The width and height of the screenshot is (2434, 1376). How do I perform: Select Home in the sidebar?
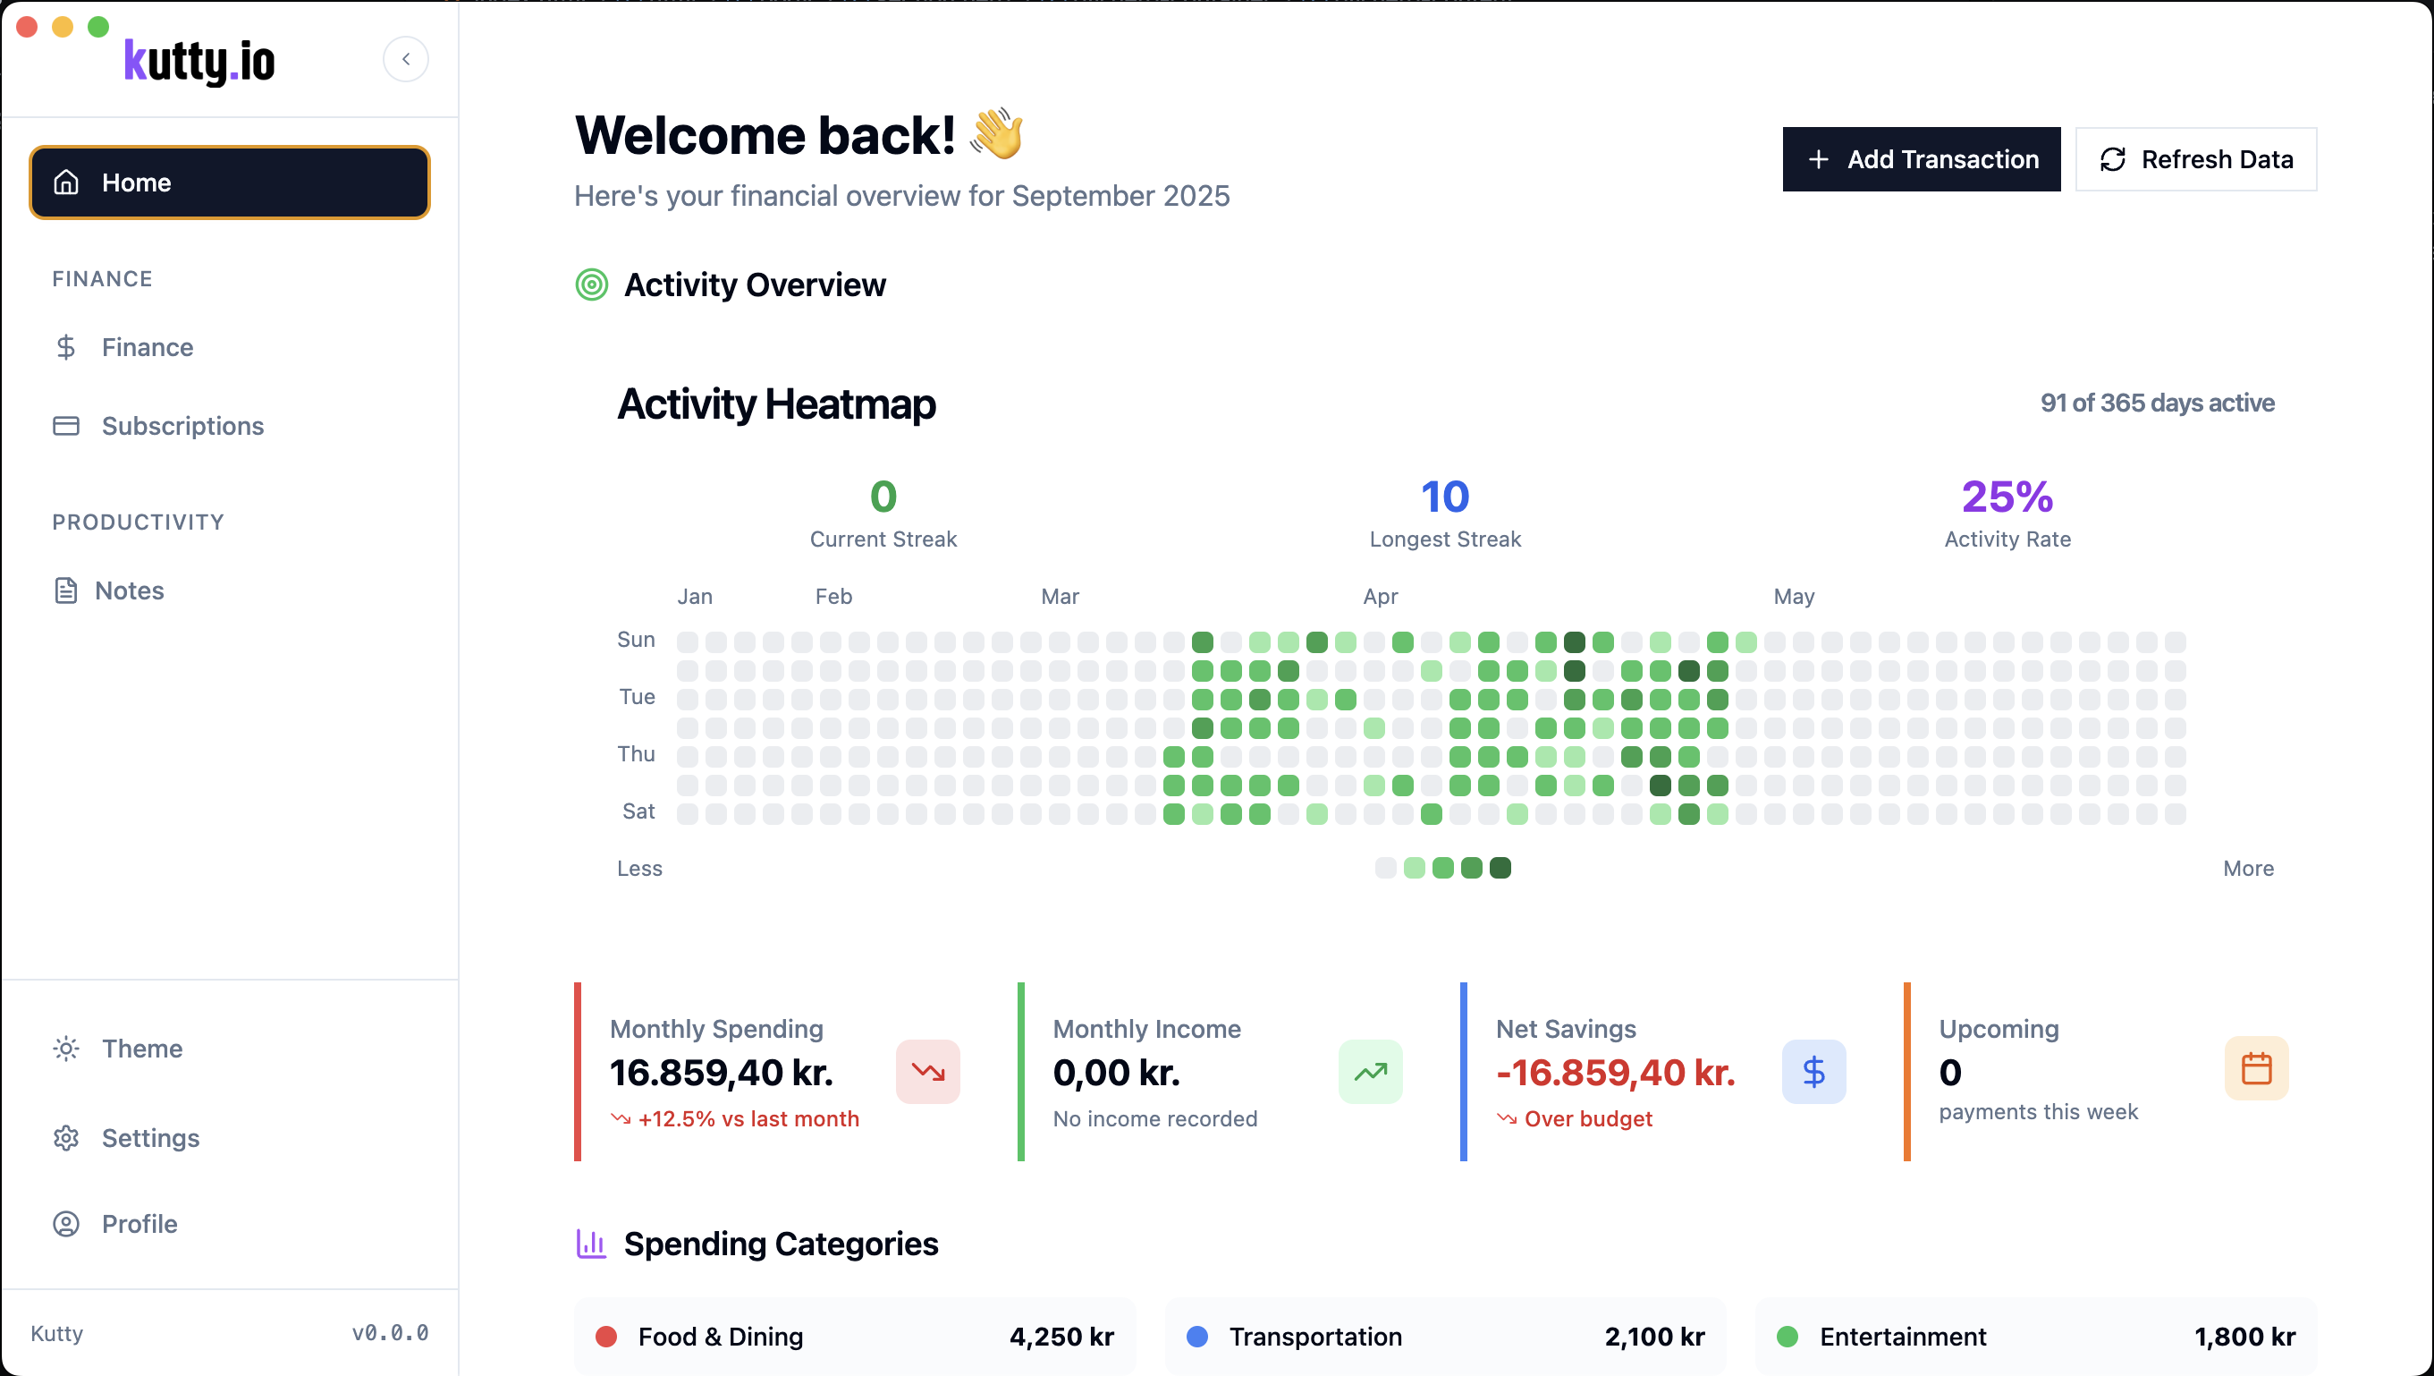pos(230,183)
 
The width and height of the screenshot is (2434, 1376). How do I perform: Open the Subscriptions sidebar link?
pos(182,426)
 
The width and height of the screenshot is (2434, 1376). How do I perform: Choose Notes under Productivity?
pos(129,590)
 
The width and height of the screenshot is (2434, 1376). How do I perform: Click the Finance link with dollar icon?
pos(147,348)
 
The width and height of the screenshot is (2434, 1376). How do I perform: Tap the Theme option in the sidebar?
pos(142,1049)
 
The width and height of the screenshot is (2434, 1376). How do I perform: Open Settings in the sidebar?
pos(150,1138)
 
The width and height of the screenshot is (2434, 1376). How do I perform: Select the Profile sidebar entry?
pos(139,1224)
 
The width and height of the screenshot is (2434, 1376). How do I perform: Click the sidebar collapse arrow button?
pos(405,60)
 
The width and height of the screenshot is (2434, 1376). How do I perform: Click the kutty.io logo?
pos(199,62)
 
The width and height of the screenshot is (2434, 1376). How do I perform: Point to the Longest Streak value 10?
pos(1445,497)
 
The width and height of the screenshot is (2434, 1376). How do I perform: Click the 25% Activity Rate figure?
pos(2007,497)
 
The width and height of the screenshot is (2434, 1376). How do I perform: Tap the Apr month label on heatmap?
pos(1380,597)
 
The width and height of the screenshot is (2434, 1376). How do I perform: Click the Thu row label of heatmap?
pos(636,754)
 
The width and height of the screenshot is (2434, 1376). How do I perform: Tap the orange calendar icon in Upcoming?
pos(2256,1069)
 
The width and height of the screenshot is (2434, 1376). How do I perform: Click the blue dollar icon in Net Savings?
pos(1813,1072)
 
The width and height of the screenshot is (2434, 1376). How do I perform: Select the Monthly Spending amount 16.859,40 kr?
pos(721,1073)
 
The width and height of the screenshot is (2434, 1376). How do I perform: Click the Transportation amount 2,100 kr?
pos(1653,1337)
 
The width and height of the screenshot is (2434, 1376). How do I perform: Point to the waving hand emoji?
pos(996,133)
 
